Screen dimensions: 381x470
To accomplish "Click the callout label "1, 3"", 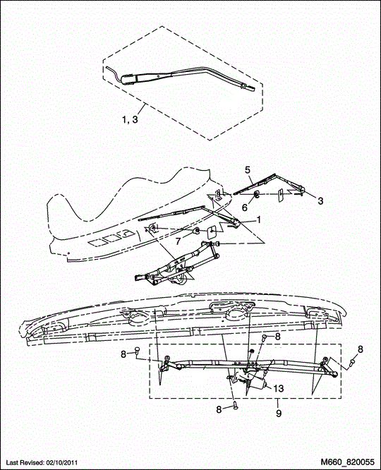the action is (x=130, y=119).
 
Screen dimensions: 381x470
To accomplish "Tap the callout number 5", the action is (x=248, y=169).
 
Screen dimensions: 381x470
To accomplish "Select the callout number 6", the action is (x=245, y=207).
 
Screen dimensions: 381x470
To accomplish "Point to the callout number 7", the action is (x=178, y=241).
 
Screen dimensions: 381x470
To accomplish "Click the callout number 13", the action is (x=279, y=388).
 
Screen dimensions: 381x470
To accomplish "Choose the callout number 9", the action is (x=279, y=414).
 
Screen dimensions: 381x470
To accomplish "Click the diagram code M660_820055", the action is (x=347, y=462).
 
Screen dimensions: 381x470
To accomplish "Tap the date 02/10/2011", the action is (x=62, y=462).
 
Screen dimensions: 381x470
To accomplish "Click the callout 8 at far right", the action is (x=360, y=349).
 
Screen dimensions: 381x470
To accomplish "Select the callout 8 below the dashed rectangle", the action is (x=219, y=409).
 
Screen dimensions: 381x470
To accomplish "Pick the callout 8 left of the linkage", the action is (x=123, y=354).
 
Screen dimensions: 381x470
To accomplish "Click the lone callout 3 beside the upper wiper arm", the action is (x=320, y=201).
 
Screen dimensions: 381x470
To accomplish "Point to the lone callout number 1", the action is (x=258, y=219).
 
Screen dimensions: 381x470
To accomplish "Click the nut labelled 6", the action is (x=258, y=195).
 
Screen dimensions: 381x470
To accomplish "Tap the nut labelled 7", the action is (x=198, y=231).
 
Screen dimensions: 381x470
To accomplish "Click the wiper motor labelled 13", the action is (x=252, y=380).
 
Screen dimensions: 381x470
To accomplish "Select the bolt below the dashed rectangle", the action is (x=236, y=406).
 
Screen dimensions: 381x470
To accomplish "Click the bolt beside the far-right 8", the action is (x=351, y=364).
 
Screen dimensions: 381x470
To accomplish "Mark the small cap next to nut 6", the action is (x=282, y=195).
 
